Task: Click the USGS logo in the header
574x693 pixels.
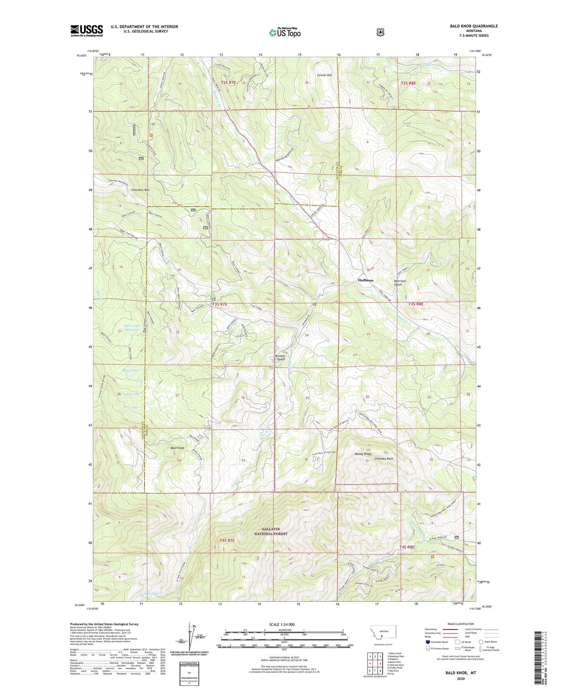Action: (x=87, y=31)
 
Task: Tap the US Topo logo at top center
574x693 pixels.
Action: (x=284, y=33)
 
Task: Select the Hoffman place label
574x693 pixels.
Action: (x=365, y=280)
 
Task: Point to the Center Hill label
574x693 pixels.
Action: (x=324, y=75)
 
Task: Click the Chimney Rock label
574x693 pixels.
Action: (x=384, y=459)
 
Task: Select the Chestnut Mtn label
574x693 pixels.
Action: (x=140, y=190)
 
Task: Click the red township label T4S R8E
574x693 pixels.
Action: (x=407, y=547)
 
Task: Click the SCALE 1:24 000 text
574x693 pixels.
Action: (x=282, y=624)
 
